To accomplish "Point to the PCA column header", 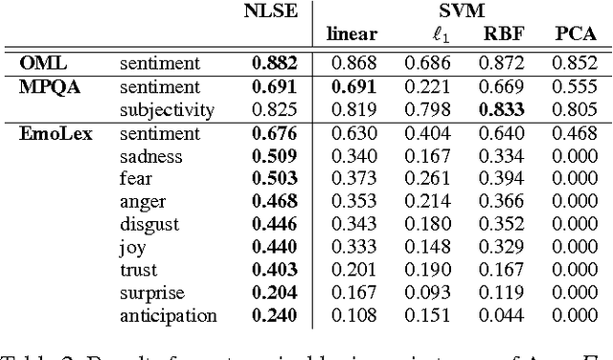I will pyautogui.click(x=577, y=35).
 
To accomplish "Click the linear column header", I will pyautogui.click(x=352, y=35).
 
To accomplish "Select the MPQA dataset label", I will pyautogui.click(x=48, y=87).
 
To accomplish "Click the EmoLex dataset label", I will pyautogui.click(x=56, y=134).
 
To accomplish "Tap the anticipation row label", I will pyautogui.click(x=169, y=316).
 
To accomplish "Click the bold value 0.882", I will pyautogui.click(x=275, y=63).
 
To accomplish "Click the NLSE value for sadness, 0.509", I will pyautogui.click(x=275, y=156).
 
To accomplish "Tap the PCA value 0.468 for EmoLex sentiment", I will pyautogui.click(x=577, y=134).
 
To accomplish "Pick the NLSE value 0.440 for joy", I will pyautogui.click(x=275, y=247).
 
